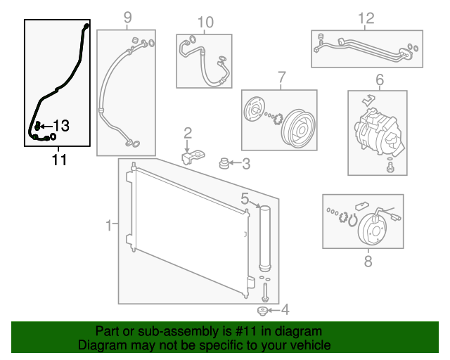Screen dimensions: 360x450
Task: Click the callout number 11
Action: click(59, 160)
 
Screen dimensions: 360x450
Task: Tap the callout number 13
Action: click(61, 126)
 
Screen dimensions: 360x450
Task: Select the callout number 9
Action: click(127, 17)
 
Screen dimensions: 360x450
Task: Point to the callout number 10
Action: click(205, 22)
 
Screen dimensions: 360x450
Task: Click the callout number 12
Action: click(366, 18)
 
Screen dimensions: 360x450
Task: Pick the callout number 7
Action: click(281, 76)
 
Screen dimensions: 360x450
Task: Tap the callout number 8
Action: click(367, 262)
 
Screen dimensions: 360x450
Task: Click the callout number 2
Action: click(188, 133)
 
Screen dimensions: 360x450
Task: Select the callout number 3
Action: click(246, 165)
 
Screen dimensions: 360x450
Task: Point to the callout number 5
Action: click(245, 198)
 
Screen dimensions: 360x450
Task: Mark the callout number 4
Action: click(284, 309)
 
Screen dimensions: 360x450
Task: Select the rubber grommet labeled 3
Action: click(226, 165)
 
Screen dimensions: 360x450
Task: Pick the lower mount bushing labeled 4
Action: click(264, 311)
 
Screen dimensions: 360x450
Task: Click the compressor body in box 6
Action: click(376, 130)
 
